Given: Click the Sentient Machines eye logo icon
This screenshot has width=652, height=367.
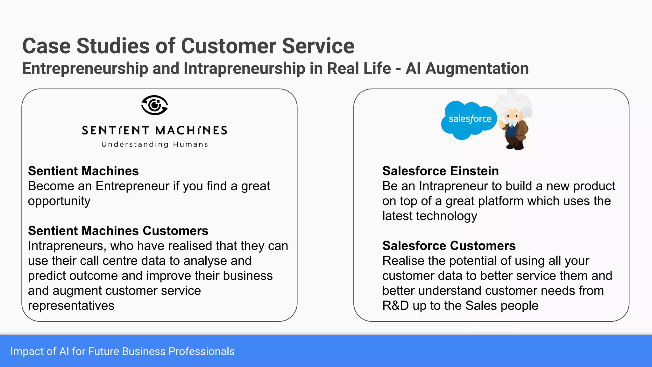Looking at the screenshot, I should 155,105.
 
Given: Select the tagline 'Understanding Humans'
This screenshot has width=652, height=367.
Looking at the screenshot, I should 155,144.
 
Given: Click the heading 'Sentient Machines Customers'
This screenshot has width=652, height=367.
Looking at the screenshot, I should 118,231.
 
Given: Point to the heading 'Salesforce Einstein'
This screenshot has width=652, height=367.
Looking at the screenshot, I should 440,171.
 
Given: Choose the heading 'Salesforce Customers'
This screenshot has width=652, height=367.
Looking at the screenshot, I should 449,246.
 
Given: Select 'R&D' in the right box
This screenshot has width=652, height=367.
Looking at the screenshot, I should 395,306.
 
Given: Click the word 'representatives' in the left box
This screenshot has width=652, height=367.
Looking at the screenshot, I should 71,306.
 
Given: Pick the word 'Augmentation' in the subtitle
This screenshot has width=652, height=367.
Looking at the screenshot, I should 477,69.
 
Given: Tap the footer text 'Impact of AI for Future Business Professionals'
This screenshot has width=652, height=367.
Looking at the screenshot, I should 122,351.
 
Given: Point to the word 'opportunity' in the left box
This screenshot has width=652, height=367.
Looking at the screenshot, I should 59,201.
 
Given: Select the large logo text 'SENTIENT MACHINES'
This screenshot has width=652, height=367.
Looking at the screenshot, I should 155,130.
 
